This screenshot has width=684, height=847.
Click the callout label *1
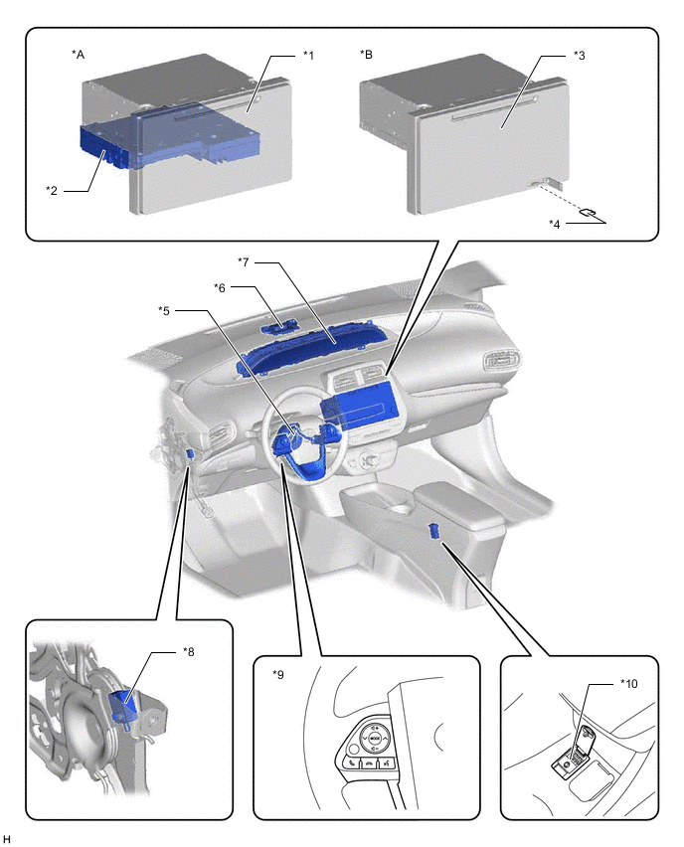[x=308, y=55]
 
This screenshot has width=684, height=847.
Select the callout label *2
[x=52, y=191]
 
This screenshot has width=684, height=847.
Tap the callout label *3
[x=579, y=55]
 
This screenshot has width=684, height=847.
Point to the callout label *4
[x=555, y=224]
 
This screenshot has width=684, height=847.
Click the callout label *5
[x=164, y=310]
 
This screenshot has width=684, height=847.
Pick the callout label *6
[x=220, y=287]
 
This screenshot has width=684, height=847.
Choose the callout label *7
[x=244, y=262]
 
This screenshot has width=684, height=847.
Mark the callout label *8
[x=188, y=651]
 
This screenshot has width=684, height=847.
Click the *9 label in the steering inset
[x=278, y=674]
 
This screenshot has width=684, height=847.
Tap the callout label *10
[x=628, y=683]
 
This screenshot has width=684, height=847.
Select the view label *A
[x=78, y=54]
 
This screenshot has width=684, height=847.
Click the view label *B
[x=366, y=54]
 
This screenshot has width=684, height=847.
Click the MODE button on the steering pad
[x=376, y=738]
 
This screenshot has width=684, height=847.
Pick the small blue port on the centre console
[x=433, y=531]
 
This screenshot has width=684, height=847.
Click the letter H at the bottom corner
[x=7, y=839]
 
